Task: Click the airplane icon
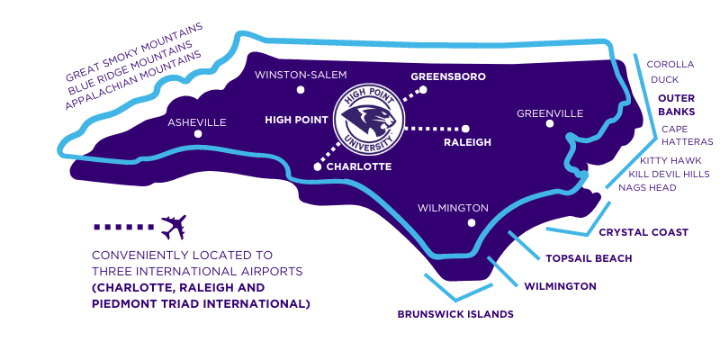pyautogui.click(x=172, y=226)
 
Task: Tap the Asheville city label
pyautogui.click(x=197, y=122)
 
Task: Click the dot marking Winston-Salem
pyautogui.click(x=301, y=90)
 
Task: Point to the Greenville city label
pyautogui.click(x=550, y=113)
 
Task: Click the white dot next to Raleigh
pyautogui.click(x=467, y=128)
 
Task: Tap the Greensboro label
pyautogui.click(x=448, y=76)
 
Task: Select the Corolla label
pyautogui.click(x=670, y=64)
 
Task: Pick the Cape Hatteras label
pyautogui.click(x=687, y=135)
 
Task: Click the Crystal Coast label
pyautogui.click(x=643, y=232)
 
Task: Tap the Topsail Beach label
pyautogui.click(x=589, y=258)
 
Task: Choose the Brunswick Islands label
pyautogui.click(x=455, y=314)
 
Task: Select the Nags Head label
pyautogui.click(x=647, y=187)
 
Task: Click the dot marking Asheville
pyautogui.click(x=198, y=135)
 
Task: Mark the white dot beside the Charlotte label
pyautogui.click(x=317, y=166)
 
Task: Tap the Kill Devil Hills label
pyautogui.click(x=669, y=174)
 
